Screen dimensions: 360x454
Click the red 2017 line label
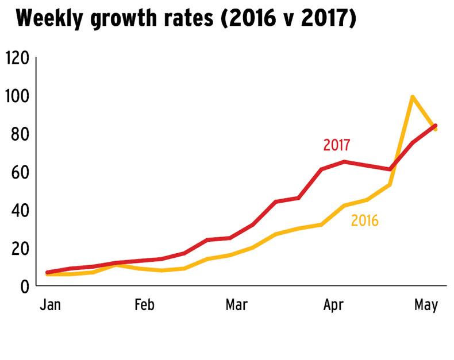point(337,145)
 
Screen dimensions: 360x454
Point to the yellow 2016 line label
point(364,220)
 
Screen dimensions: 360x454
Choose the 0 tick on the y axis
point(24,286)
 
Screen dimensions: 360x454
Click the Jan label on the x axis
point(51,304)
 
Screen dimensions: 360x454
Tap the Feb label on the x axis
point(144,304)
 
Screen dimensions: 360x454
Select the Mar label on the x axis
point(236,304)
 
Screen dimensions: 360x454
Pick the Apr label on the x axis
point(333,304)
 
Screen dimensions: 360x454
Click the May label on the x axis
point(426,304)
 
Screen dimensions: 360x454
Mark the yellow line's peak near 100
point(412,96)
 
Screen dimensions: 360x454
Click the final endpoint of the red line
point(436,125)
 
